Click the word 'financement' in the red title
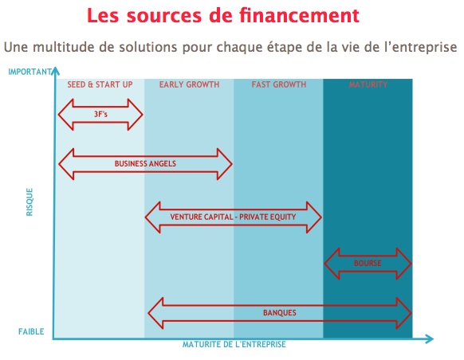[299, 15]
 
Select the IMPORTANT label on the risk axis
[29, 72]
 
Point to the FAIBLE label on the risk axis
[31, 331]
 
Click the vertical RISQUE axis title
[29, 202]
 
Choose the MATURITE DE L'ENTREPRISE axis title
[234, 344]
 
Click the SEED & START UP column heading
[100, 84]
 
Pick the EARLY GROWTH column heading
[190, 84]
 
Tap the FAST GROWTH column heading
[279, 84]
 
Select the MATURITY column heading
[368, 84]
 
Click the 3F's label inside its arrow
[100, 114]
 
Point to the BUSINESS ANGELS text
[145, 164]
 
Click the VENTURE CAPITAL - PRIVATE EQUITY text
[233, 217]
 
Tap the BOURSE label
[368, 263]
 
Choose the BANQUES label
[280, 313]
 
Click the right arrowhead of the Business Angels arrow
[225, 164]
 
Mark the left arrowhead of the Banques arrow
[155, 313]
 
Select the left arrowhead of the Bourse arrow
[332, 264]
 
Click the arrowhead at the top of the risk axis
[55, 71]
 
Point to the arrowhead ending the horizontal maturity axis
[430, 338]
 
